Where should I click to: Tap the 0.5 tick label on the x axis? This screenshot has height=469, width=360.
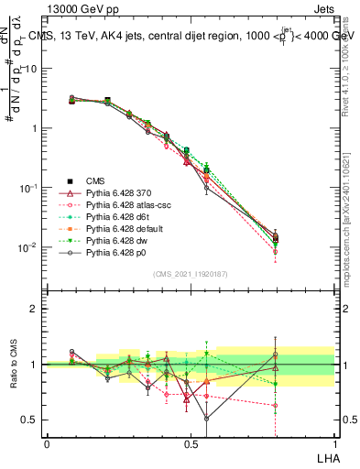[191, 443]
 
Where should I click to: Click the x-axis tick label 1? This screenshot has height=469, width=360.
[334, 443]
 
